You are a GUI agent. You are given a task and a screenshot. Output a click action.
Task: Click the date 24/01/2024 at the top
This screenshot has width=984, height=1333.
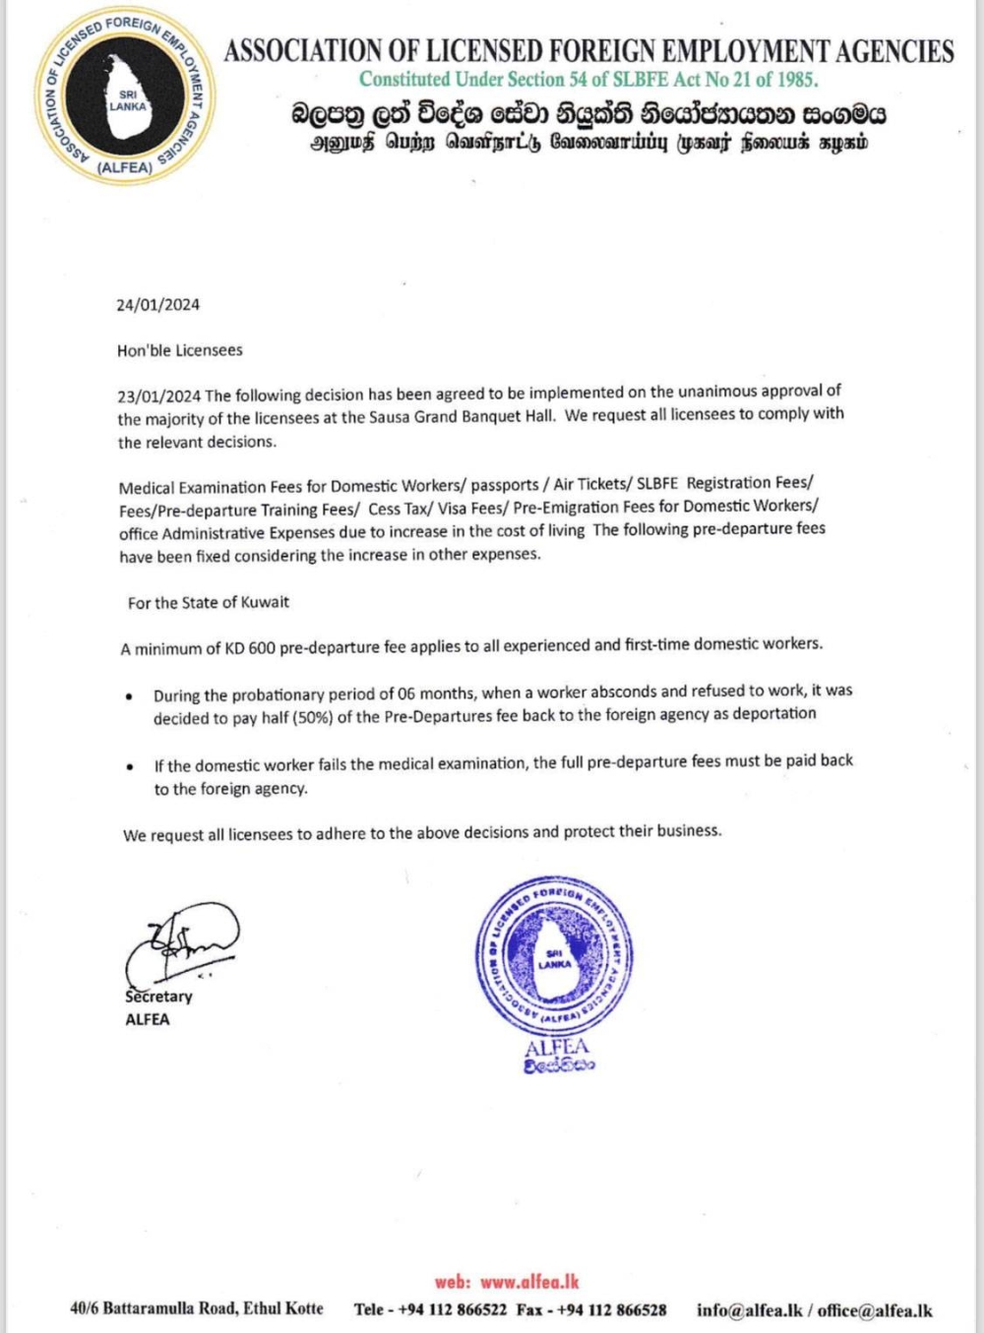coord(157,305)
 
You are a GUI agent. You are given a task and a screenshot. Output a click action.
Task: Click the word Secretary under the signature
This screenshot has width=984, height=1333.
coord(158,997)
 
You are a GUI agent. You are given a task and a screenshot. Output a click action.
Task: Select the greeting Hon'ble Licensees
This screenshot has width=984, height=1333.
coord(179,350)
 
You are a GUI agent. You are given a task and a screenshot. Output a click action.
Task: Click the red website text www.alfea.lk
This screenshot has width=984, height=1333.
coord(529,1282)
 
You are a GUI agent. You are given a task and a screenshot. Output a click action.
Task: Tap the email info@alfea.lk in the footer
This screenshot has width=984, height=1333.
coord(749,1310)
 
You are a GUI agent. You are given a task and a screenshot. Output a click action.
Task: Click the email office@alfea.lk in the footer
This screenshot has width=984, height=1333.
coord(875,1310)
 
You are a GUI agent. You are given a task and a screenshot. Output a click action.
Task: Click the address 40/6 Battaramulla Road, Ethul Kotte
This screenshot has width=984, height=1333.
coord(196,1308)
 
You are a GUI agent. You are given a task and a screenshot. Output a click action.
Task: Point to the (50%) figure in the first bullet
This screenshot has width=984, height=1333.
coord(312,717)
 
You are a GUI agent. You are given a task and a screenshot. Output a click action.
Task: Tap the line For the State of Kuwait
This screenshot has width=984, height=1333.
coord(209,602)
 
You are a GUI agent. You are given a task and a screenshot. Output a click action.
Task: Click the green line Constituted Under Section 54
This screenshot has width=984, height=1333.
coord(587,80)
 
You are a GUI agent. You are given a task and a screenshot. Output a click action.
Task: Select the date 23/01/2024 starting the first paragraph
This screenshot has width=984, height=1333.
coord(158,396)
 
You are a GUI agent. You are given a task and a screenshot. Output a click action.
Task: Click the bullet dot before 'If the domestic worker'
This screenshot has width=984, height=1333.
coord(130,766)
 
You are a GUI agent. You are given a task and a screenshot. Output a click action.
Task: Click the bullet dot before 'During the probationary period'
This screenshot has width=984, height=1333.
coord(130,697)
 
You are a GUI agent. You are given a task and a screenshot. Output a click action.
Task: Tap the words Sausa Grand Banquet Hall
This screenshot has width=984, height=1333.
coord(461,416)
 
